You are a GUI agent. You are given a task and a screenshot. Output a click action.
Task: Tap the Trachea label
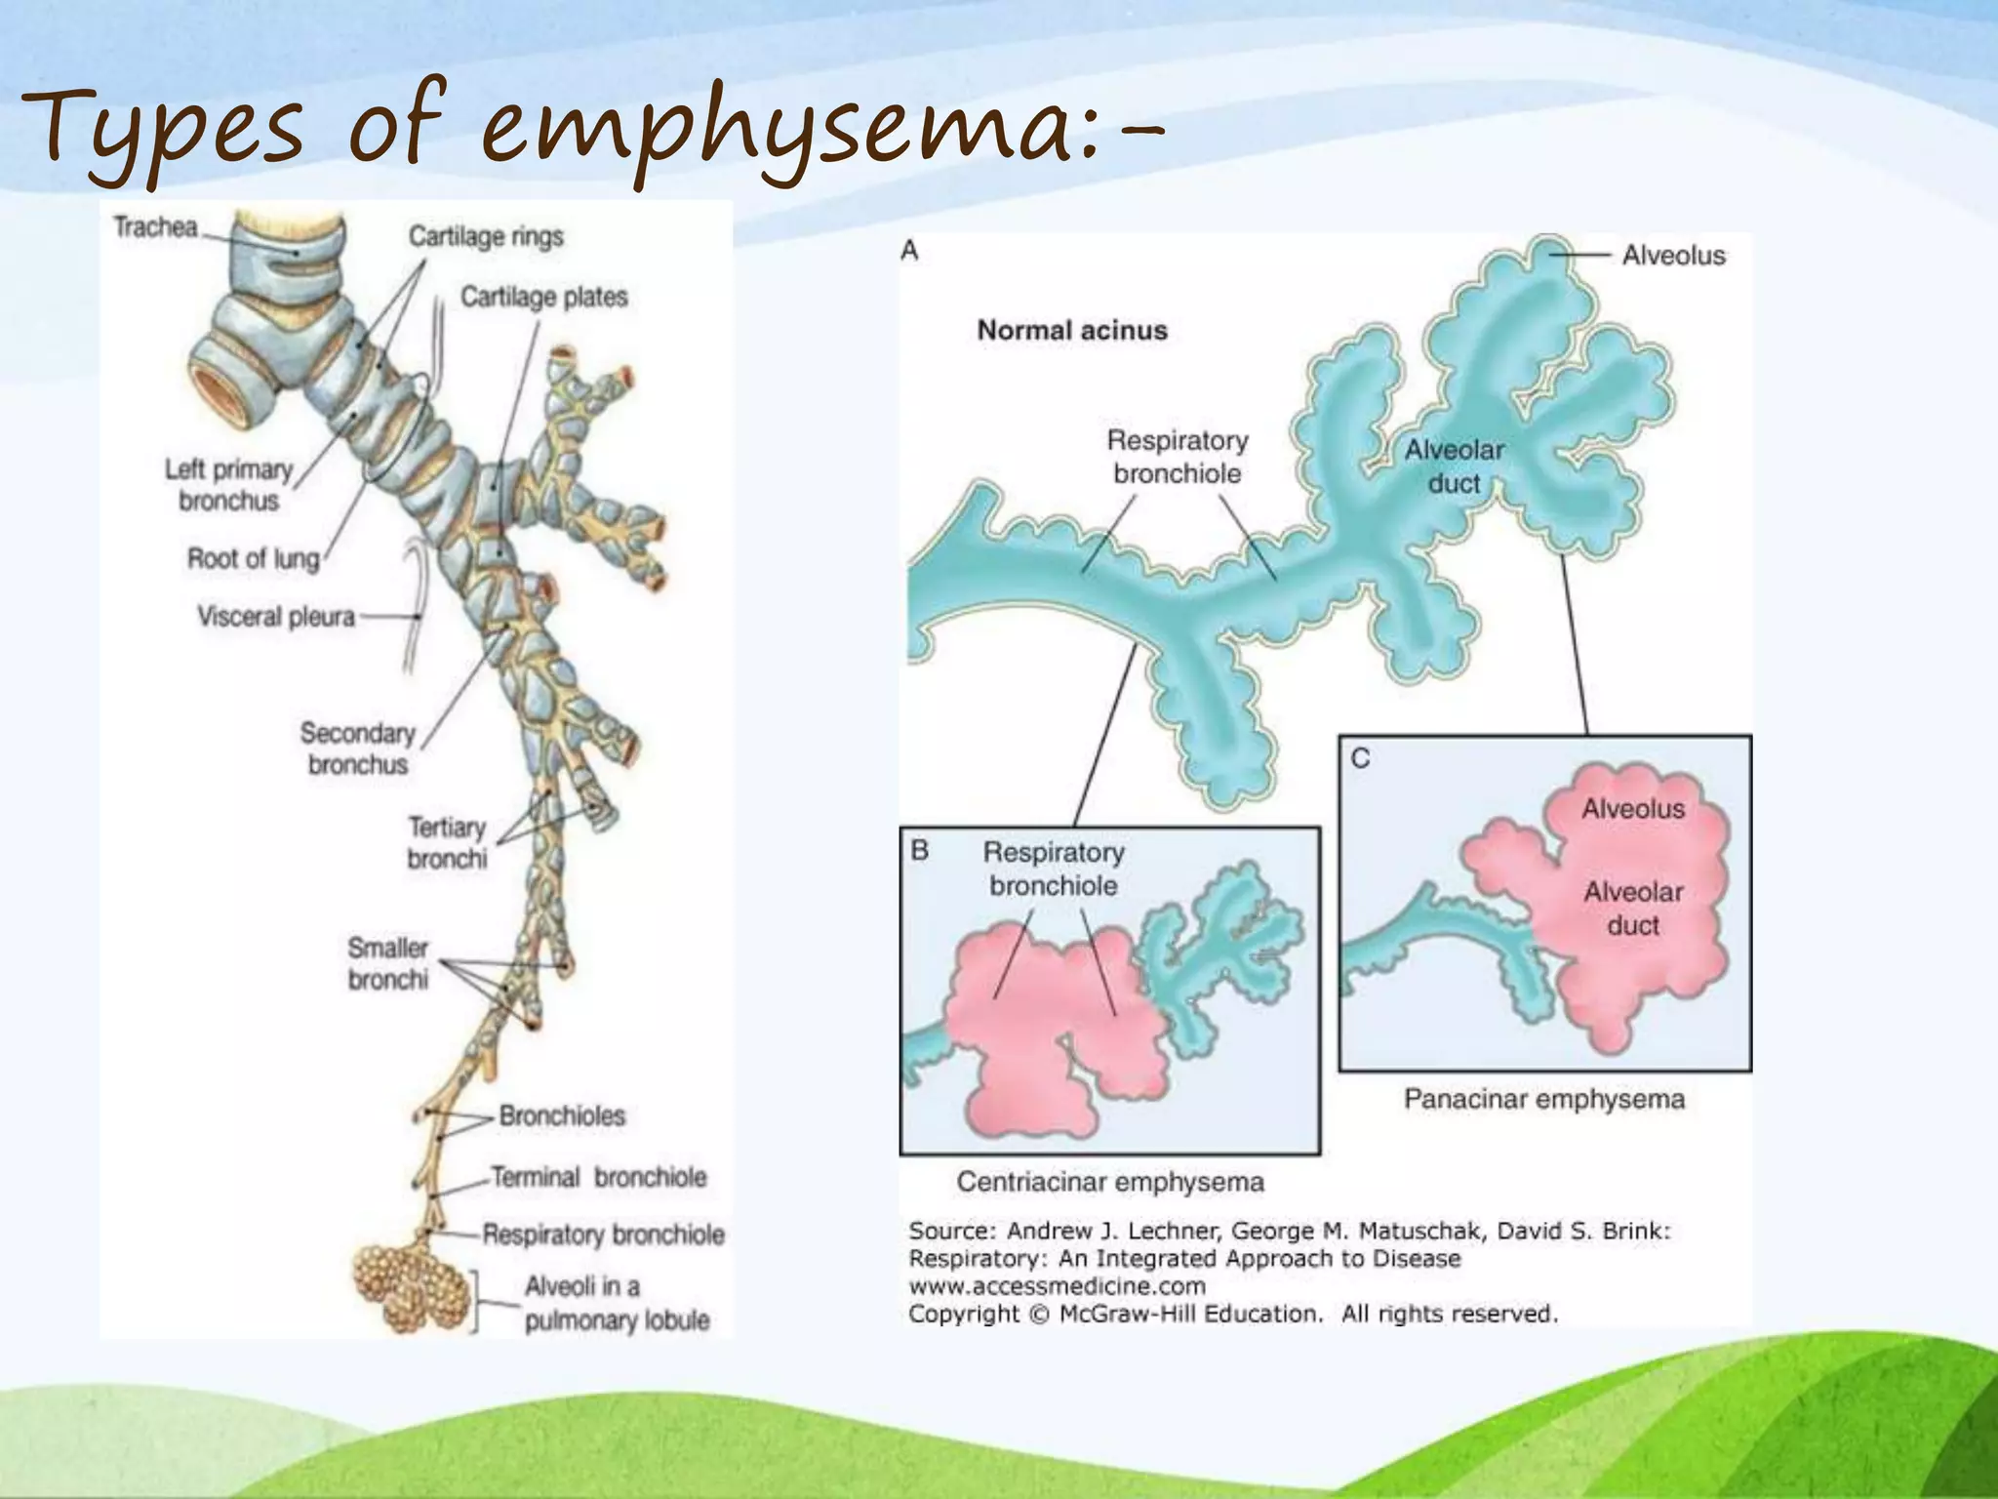click(x=156, y=227)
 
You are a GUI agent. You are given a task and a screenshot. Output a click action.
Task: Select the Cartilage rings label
click(x=486, y=236)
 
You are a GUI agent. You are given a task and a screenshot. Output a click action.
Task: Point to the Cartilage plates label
click(x=543, y=297)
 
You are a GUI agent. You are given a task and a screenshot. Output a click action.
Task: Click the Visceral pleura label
click(x=276, y=617)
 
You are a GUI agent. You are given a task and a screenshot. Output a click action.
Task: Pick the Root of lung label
click(x=254, y=558)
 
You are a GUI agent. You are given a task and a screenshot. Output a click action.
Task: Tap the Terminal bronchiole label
click(x=598, y=1177)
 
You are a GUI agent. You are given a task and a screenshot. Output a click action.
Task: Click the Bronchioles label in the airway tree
click(x=562, y=1115)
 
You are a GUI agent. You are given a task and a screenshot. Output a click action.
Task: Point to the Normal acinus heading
click(x=1072, y=330)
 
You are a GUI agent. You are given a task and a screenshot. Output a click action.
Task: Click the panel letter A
click(x=910, y=251)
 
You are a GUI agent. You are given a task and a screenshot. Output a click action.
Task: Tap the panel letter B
click(x=920, y=851)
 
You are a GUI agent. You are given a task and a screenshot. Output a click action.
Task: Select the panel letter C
click(x=1361, y=758)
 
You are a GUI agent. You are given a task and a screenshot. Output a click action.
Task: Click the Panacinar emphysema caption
click(x=1544, y=1099)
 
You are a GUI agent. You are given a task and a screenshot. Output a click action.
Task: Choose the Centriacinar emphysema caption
click(x=1110, y=1182)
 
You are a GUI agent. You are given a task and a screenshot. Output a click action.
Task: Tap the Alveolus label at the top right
click(x=1674, y=256)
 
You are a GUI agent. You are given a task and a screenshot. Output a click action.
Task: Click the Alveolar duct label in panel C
click(x=1633, y=908)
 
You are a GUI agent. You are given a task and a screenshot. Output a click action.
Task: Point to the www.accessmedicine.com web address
click(x=1058, y=1286)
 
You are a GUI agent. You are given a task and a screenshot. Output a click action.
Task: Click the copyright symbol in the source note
click(x=1040, y=1314)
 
